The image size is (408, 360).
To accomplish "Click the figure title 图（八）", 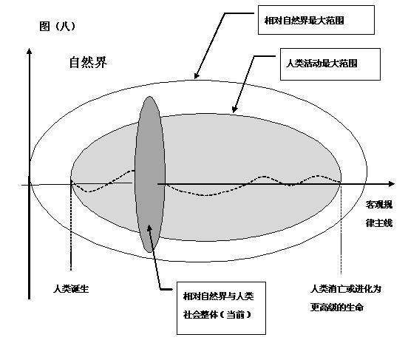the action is (58, 27).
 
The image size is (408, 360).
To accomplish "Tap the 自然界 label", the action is (88, 63).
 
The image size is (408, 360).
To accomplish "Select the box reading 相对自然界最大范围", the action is (316, 20).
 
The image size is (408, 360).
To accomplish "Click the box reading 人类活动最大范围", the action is (330, 64).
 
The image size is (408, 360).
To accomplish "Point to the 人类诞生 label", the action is (71, 289).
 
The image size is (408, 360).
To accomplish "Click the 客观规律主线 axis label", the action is (379, 214).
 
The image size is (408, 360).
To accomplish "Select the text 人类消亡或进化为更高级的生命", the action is (346, 299).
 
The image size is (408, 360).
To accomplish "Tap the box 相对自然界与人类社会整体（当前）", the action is (221, 308).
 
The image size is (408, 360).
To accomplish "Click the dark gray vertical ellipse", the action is (149, 174).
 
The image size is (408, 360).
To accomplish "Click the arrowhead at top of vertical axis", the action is (29, 51).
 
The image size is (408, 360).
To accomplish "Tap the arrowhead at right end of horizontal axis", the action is (392, 184).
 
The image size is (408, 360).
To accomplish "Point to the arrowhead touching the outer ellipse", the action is (197, 75).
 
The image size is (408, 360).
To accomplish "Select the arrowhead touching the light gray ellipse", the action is (234, 109).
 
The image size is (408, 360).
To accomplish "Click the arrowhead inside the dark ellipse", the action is (149, 228).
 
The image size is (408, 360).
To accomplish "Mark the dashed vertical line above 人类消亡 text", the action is (341, 229).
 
